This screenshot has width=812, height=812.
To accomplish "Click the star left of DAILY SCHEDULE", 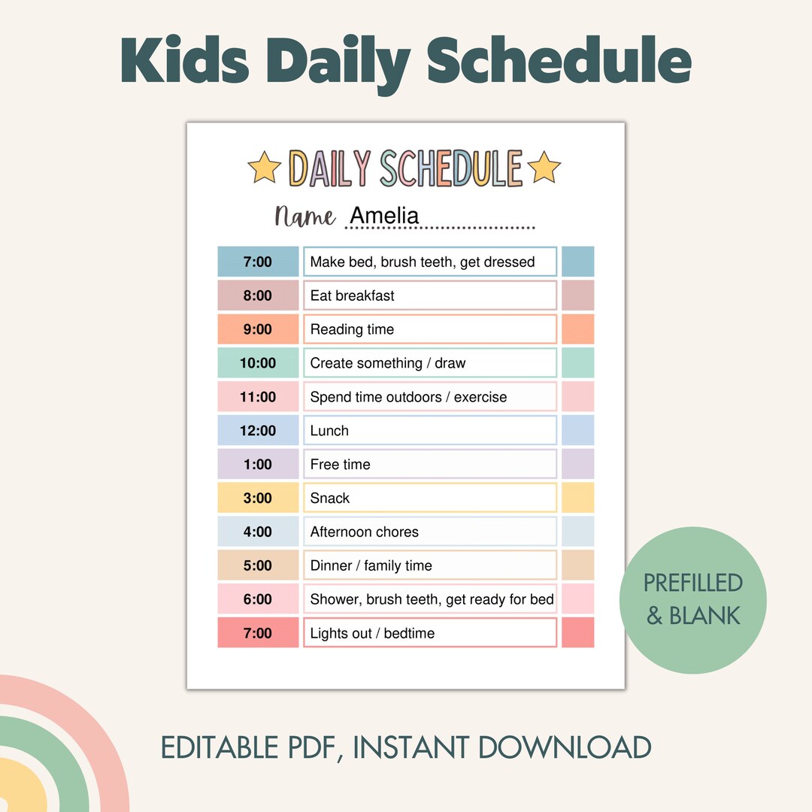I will tap(264, 167).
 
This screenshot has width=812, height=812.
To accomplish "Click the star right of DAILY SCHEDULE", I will tap(544, 167).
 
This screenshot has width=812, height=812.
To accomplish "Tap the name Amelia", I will tap(384, 216).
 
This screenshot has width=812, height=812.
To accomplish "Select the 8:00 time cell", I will tap(258, 295).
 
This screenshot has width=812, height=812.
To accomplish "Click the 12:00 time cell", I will tap(258, 431).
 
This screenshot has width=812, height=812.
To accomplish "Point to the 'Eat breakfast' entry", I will tap(352, 295).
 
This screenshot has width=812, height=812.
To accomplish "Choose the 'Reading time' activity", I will tap(352, 329).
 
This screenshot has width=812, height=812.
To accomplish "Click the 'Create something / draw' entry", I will tap(387, 363).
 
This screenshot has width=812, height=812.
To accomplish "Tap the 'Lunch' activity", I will tap(329, 431).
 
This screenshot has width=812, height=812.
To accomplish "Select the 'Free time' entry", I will tap(340, 465).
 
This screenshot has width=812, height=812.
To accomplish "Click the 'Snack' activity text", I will tap(330, 498).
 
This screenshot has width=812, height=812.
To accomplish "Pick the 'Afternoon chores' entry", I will tap(364, 532).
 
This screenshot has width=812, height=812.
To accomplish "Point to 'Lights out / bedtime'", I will tap(372, 633).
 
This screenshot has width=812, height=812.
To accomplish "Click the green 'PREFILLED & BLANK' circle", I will tap(692, 599).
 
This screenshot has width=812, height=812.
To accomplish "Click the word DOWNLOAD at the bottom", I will tap(565, 747).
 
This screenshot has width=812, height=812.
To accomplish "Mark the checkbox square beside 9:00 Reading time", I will tap(577, 329).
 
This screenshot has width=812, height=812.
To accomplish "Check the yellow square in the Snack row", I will tap(577, 498).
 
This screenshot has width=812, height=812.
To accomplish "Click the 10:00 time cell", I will tap(258, 363).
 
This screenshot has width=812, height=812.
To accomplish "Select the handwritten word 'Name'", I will tap(305, 217).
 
